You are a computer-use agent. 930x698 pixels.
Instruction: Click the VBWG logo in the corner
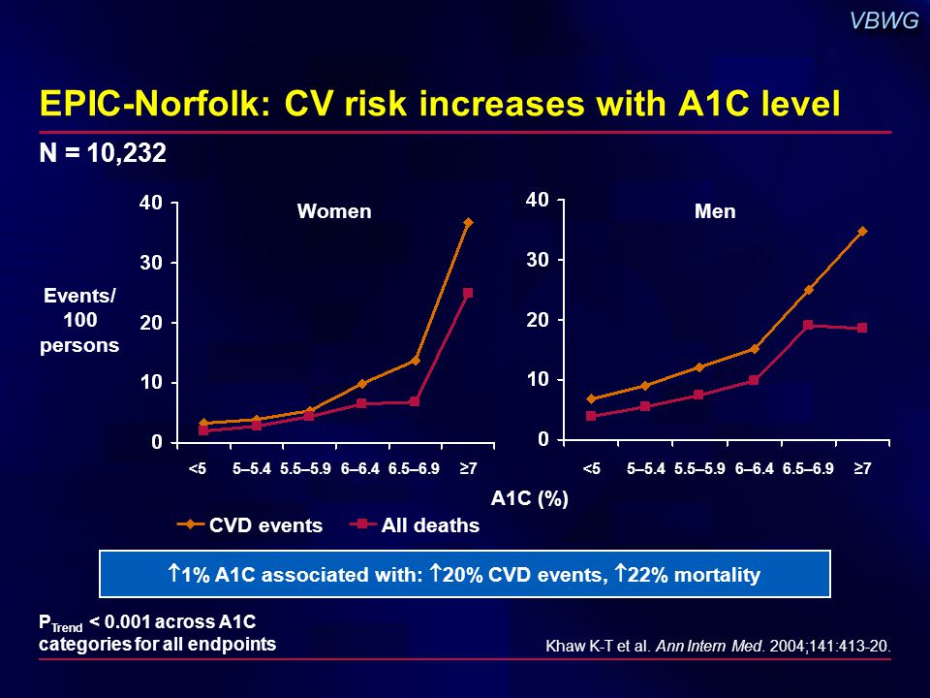(883, 21)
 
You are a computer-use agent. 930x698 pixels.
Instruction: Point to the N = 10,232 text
(104, 153)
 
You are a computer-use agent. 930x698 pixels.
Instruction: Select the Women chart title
(333, 211)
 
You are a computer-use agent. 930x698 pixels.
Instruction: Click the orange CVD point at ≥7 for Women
(468, 222)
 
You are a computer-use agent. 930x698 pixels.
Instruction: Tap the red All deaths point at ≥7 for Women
(468, 292)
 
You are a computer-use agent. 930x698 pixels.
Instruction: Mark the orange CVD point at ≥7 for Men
(861, 231)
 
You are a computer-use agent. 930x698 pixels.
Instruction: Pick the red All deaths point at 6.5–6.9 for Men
(808, 325)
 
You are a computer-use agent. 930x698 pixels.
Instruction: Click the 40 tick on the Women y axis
(151, 203)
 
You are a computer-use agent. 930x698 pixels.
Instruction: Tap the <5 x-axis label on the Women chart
(198, 469)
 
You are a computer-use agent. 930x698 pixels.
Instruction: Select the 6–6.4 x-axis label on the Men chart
(755, 469)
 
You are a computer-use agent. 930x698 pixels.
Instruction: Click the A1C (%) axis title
(529, 498)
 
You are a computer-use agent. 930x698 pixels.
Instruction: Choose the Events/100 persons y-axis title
(79, 321)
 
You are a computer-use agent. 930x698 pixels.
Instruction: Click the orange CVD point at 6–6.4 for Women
(361, 384)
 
